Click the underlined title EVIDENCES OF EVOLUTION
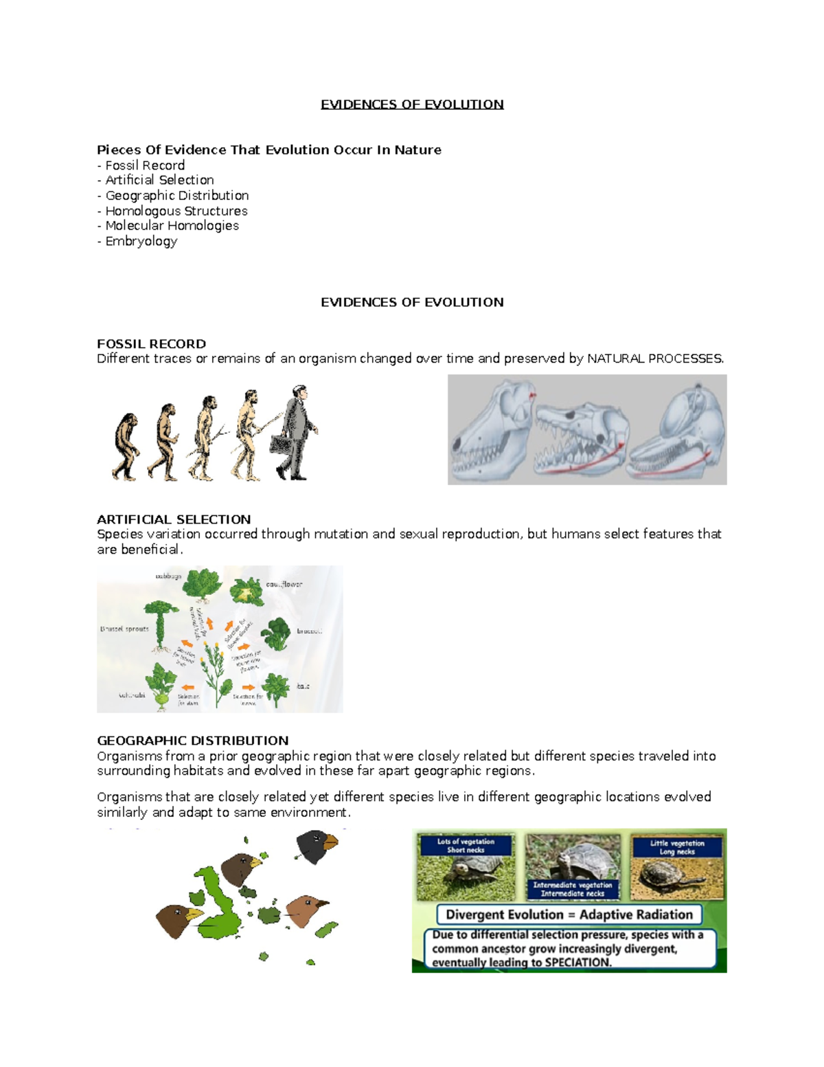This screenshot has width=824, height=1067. click(412, 104)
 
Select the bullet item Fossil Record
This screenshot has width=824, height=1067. click(145, 166)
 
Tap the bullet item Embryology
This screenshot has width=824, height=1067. click(141, 241)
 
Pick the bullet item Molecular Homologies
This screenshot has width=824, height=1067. click(172, 226)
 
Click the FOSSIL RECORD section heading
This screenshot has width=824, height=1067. click(151, 344)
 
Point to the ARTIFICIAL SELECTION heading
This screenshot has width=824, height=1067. click(174, 519)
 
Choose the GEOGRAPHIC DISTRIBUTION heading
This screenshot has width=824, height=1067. click(192, 741)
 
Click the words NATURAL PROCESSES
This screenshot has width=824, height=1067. click(655, 359)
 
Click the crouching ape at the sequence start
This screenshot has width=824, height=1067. click(126, 447)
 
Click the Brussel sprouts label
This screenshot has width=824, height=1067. click(124, 629)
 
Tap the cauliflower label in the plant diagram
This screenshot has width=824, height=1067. click(284, 585)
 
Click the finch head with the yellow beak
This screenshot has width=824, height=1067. click(177, 919)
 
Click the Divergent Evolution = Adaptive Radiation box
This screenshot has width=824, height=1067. click(569, 914)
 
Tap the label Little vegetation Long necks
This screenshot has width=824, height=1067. click(676, 847)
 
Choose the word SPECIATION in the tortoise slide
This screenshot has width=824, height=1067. click(577, 963)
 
